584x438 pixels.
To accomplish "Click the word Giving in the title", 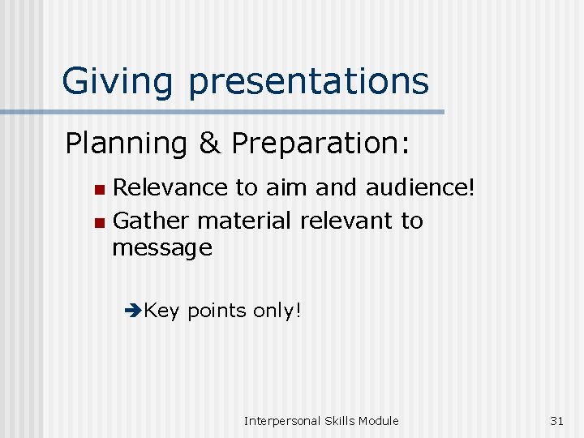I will pyautogui.click(x=118, y=81).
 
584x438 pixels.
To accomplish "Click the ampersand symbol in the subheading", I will pyautogui.click(x=208, y=144).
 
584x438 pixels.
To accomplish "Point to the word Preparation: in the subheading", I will pyautogui.click(x=321, y=144).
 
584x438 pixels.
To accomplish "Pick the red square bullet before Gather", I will pyautogui.click(x=98, y=221).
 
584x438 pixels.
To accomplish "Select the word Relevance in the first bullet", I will pyautogui.click(x=170, y=188).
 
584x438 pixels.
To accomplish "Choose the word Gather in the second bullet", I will pyautogui.click(x=151, y=221).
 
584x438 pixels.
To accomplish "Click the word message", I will pyautogui.click(x=162, y=248).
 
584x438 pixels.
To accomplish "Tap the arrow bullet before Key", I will pyautogui.click(x=134, y=311).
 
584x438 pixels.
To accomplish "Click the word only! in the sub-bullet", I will pyautogui.click(x=277, y=311).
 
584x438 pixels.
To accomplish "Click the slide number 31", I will pyautogui.click(x=556, y=420).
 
